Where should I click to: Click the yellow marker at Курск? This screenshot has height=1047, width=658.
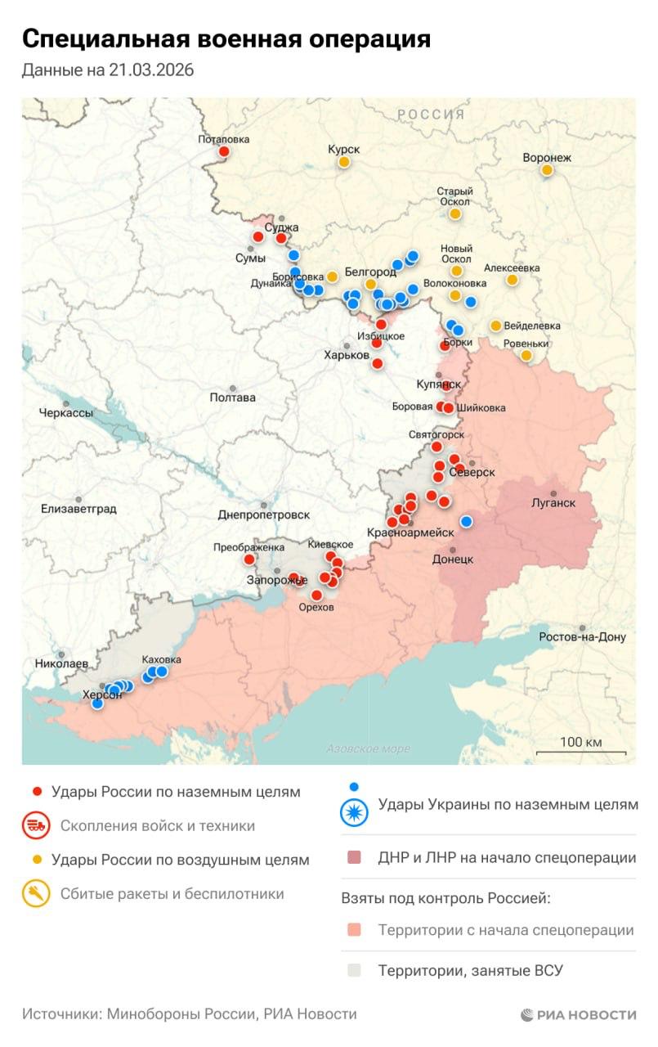click(x=344, y=162)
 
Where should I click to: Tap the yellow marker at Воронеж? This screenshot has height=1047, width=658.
click(x=547, y=170)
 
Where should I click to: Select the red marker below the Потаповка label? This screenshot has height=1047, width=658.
click(x=223, y=151)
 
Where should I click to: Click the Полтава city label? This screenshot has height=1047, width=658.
click(x=232, y=398)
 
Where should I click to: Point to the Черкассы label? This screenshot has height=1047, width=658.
click(x=65, y=413)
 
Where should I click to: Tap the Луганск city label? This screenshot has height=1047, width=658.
click(x=553, y=503)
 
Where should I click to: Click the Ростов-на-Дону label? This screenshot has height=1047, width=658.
click(x=582, y=636)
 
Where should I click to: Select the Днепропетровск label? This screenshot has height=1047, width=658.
click(x=264, y=515)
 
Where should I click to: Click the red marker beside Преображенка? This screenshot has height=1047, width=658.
click(x=249, y=559)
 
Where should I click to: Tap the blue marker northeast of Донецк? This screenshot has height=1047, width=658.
click(x=467, y=521)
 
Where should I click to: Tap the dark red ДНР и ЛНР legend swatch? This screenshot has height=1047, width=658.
click(x=354, y=858)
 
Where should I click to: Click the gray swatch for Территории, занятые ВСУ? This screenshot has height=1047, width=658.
click(x=354, y=971)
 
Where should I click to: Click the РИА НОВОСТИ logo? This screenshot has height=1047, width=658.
click(x=578, y=1014)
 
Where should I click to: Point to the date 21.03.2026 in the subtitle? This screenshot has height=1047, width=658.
click(x=151, y=70)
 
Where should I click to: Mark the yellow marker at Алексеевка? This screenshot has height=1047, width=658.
click(x=512, y=280)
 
